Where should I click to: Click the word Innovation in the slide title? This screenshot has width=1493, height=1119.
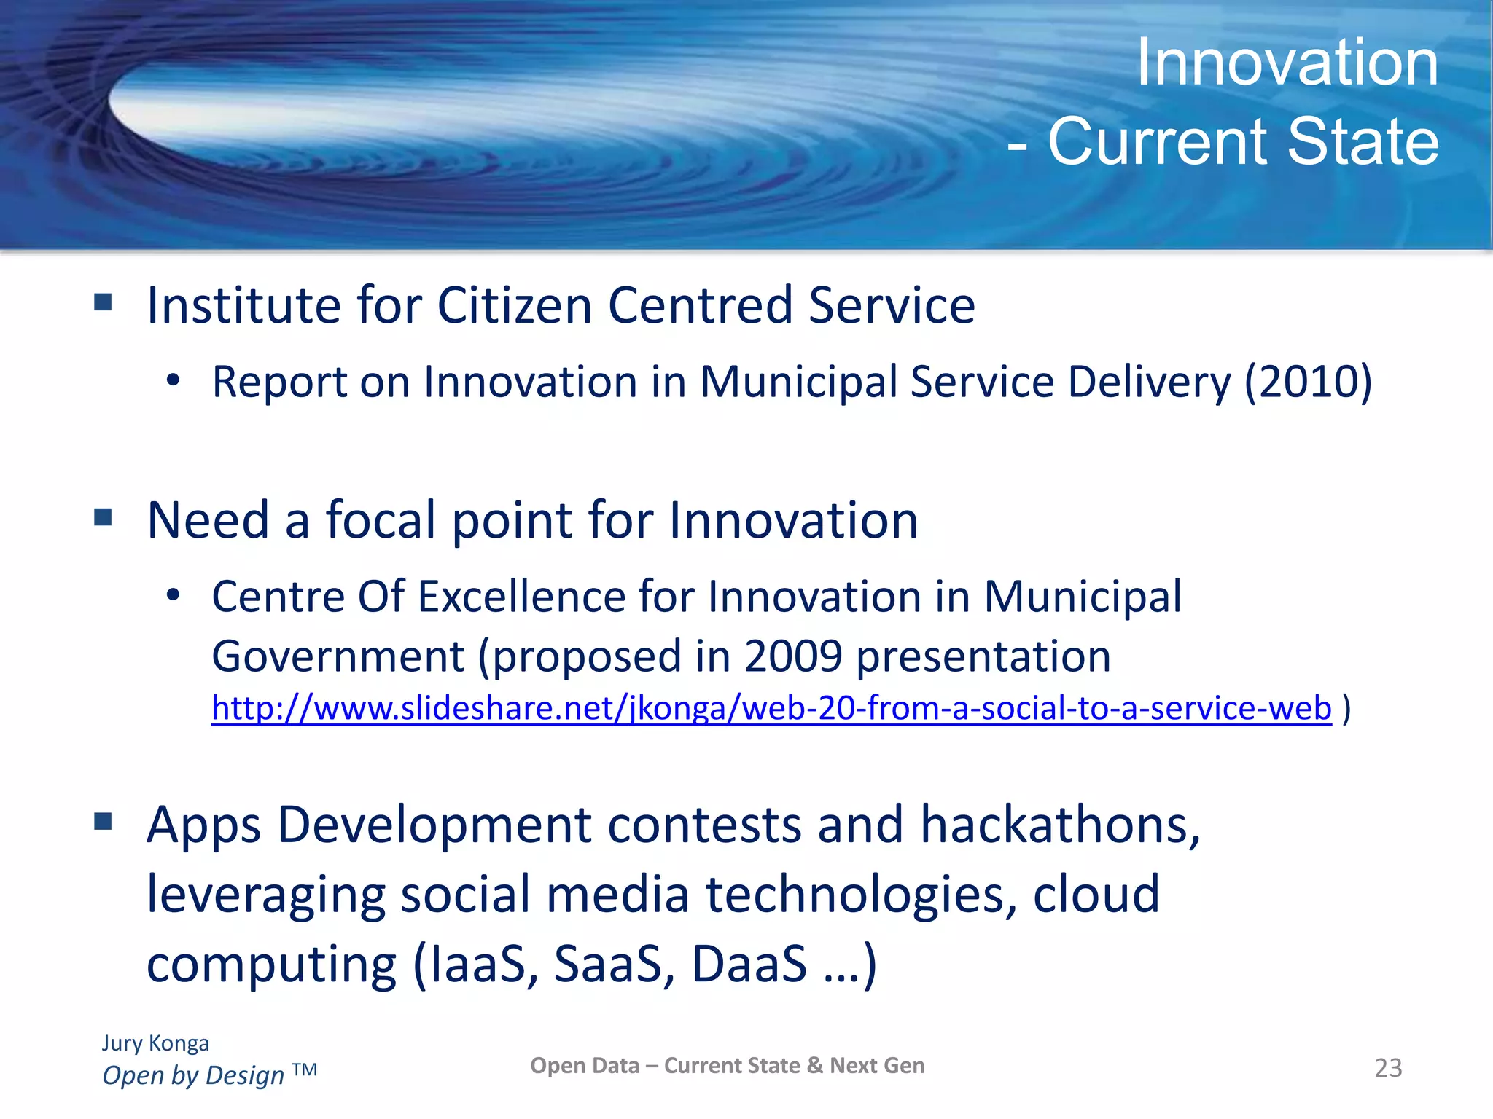1287,63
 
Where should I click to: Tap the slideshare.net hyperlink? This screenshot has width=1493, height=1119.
771,708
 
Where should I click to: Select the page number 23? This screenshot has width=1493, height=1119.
1387,1068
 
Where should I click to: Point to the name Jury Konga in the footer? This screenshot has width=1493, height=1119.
155,1043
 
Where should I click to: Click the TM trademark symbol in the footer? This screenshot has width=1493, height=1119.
304,1069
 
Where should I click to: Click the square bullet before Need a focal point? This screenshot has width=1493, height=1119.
103,517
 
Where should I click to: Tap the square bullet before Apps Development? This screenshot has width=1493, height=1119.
103,822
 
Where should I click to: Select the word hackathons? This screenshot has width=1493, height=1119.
1059,825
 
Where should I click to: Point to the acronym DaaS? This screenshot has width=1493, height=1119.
749,964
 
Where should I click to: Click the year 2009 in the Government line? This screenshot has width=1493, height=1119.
793,656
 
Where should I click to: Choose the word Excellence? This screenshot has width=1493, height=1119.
521,597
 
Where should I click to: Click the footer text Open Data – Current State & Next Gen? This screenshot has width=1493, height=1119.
727,1066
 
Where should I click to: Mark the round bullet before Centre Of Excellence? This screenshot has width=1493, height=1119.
173,595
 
